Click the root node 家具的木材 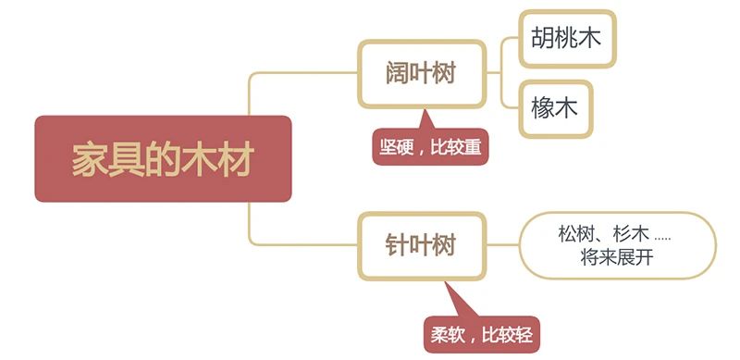163,159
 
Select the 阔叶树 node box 421,73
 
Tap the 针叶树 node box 421,246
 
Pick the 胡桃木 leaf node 566,38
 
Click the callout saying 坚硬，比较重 431,146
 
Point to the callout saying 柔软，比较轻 482,333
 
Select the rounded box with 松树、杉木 617,245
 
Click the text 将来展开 617,258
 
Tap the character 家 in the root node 89,159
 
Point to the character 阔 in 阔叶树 398,73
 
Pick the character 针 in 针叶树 398,246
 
